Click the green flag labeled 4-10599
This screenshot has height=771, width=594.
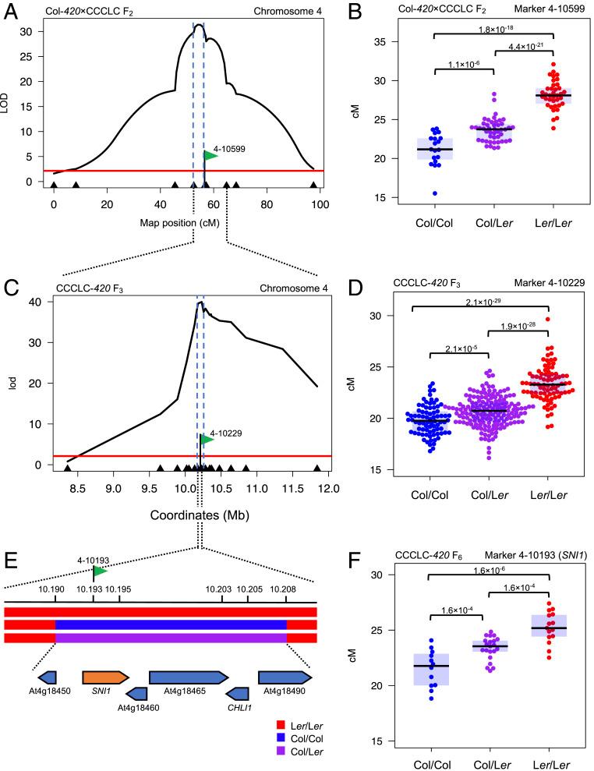pos(210,155)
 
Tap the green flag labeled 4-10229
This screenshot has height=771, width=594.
pos(207,440)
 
